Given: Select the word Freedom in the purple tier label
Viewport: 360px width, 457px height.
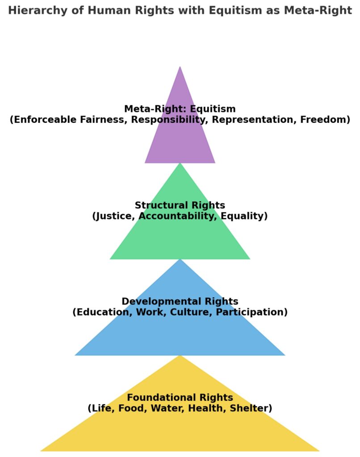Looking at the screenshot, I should (325, 120).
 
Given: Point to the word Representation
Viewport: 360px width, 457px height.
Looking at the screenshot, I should (252, 120).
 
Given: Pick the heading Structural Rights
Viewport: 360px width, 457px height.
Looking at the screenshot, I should (180, 205).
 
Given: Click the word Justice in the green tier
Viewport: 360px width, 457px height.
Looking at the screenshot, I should (115, 216).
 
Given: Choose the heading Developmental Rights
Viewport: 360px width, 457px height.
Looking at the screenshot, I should (180, 301).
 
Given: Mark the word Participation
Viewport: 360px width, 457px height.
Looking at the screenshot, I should (251, 312).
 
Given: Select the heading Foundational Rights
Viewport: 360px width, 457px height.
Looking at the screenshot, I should (180, 397).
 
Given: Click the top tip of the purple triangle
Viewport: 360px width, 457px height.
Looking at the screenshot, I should (180, 67).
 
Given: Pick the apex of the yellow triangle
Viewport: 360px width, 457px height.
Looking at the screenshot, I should (180, 356).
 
